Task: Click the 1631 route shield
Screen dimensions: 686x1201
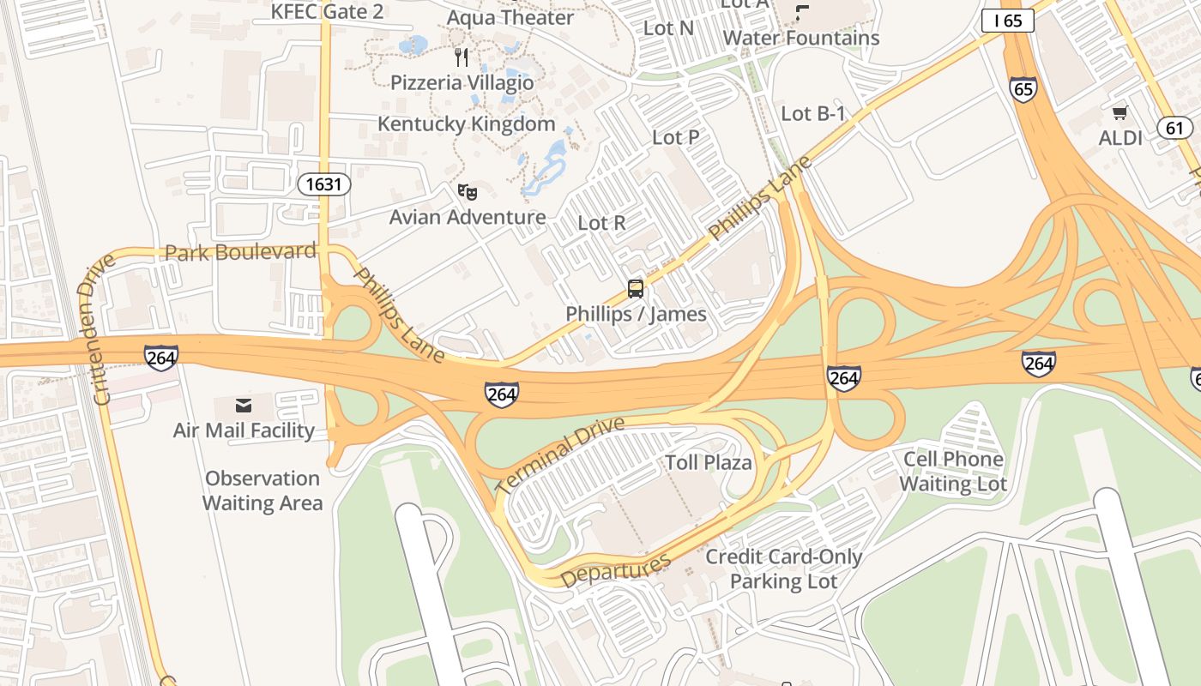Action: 325,184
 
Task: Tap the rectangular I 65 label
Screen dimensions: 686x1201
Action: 1008,21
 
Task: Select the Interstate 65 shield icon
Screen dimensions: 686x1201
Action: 1023,89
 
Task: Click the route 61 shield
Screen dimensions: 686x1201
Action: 1174,129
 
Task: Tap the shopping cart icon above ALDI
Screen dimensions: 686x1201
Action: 1120,112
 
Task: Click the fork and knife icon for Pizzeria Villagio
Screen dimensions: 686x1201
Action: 462,57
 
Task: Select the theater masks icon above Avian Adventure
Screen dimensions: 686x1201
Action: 467,191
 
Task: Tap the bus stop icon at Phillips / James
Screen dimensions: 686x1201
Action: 635,289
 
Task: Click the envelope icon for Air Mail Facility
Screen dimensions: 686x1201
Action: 244,405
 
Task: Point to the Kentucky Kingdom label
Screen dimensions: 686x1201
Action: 467,123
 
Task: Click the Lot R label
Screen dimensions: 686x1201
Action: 601,223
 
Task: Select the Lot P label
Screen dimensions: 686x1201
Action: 675,137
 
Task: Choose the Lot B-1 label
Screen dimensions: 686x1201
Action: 813,113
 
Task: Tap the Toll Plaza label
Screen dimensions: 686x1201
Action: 709,463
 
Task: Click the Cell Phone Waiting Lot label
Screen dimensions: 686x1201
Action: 952,472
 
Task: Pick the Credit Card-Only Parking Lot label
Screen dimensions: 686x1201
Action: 783,569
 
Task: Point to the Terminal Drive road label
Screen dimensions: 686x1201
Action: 559,454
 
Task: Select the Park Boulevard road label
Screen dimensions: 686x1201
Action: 240,252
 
